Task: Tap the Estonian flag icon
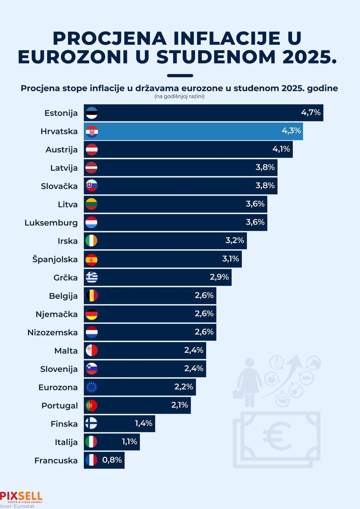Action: pos(92,113)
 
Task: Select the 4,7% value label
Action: pos(311,112)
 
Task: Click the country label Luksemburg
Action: pos(51,223)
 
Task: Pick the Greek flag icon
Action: pos(92,277)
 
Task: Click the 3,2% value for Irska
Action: pos(234,240)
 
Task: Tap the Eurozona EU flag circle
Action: pos(92,387)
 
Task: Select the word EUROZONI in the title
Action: pos(73,57)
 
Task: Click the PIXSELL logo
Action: pos(21,497)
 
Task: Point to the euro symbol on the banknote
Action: pos(277,436)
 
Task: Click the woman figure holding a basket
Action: pos(249,383)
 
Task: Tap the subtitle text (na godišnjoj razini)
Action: pos(179,96)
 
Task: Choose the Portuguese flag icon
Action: pos(92,405)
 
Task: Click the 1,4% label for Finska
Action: pos(143,423)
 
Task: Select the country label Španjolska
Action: pos(55,259)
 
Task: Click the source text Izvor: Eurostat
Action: pos(17,506)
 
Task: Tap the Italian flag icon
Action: pos(92,442)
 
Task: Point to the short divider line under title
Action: pos(180,76)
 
